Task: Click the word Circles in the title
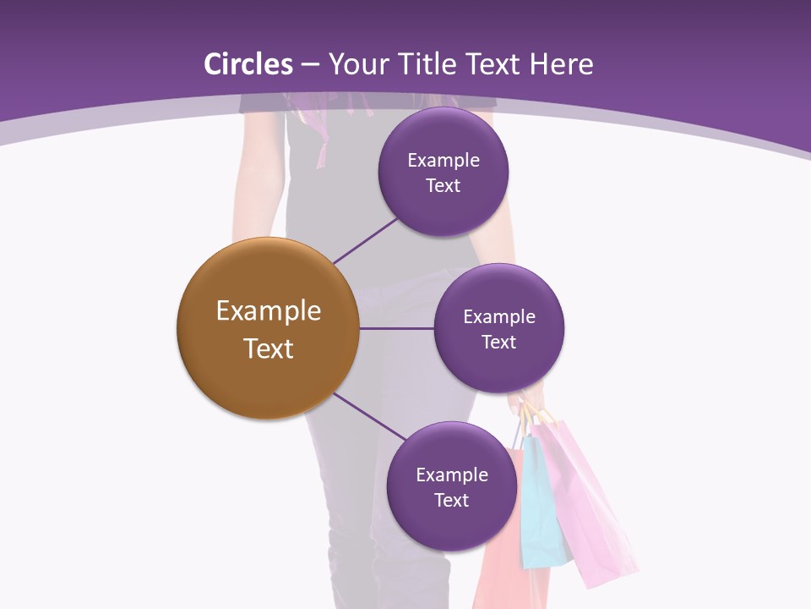coord(248,64)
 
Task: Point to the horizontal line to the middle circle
coord(396,328)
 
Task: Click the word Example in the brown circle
coord(268,311)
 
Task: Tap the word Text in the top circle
coord(443,186)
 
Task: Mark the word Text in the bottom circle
coord(451,501)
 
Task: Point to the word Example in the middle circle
coord(498,317)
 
